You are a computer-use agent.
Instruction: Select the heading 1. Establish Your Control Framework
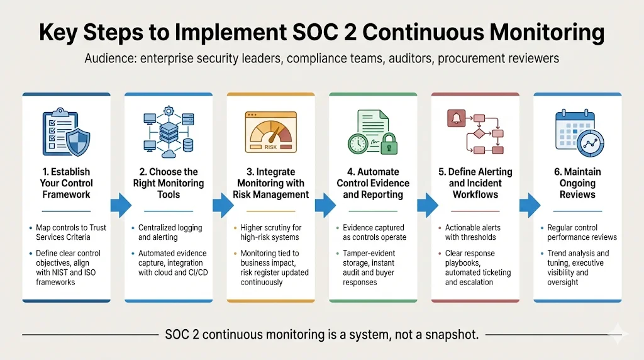tap(67, 183)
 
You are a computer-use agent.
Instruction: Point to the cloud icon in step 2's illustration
tap(169, 154)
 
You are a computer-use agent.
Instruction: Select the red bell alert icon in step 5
tap(455, 118)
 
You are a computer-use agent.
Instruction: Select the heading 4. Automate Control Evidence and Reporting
tap(373, 183)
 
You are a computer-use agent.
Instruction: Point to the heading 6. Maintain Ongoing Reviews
tap(577, 183)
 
